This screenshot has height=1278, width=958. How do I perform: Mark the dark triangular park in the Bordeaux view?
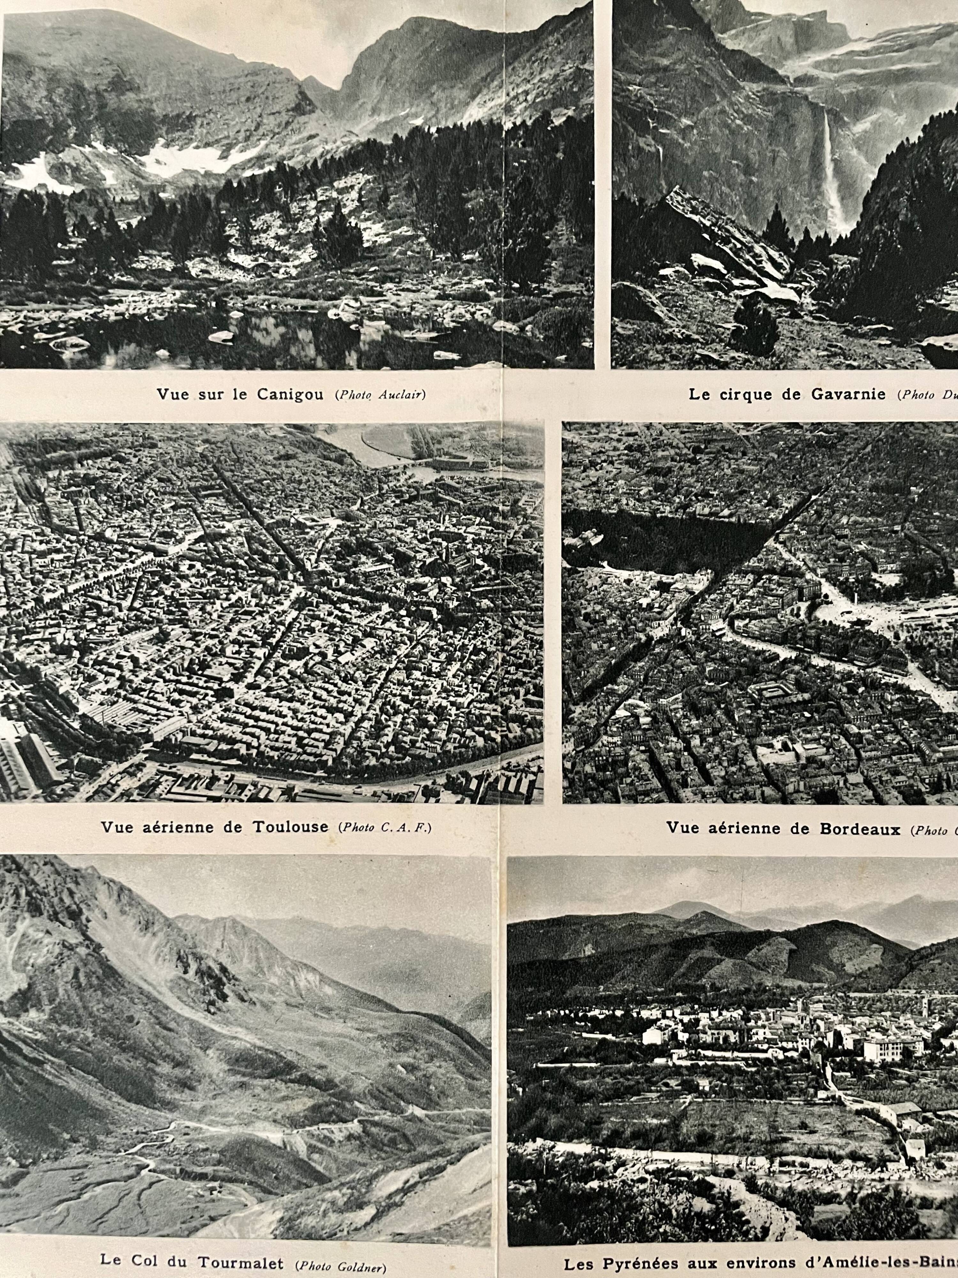664,540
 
